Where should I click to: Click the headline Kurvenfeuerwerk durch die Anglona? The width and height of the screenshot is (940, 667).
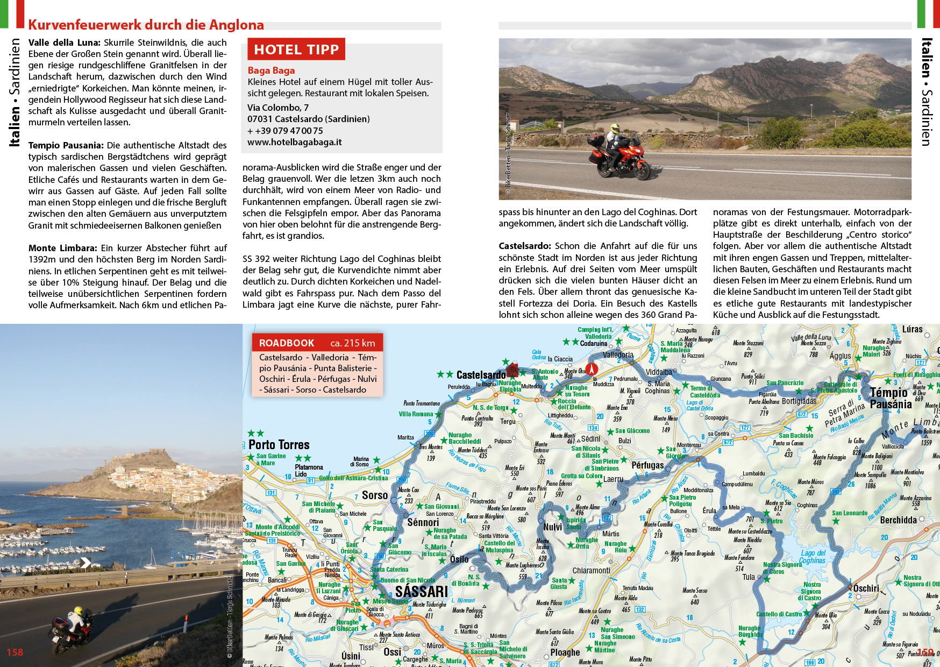[146, 25]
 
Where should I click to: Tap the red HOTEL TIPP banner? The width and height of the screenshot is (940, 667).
[296, 49]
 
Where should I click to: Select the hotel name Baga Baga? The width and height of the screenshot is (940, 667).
[271, 70]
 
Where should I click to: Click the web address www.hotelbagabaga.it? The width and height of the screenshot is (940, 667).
[294, 142]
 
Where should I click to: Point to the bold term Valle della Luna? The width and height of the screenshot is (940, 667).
[65, 42]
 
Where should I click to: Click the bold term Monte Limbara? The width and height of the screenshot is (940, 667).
[62, 248]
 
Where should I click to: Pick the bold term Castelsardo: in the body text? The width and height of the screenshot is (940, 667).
[524, 246]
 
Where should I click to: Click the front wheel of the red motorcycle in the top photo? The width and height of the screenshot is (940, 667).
[640, 169]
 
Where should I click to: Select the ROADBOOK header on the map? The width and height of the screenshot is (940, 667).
[287, 343]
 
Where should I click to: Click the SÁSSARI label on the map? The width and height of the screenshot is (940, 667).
[422, 592]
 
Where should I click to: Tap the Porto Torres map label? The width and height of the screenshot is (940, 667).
[279, 445]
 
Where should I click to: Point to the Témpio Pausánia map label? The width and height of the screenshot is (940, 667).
[891, 399]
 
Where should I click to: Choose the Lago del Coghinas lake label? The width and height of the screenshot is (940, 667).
[812, 557]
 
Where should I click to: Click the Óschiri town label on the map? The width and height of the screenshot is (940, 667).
[866, 588]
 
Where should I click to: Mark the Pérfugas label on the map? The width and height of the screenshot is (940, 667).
[647, 465]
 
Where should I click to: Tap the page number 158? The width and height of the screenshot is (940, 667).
[15, 652]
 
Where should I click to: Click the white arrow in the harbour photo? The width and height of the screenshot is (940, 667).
[86, 563]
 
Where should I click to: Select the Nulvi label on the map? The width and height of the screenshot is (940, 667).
[552, 527]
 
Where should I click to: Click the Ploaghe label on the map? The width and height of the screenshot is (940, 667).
[565, 652]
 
